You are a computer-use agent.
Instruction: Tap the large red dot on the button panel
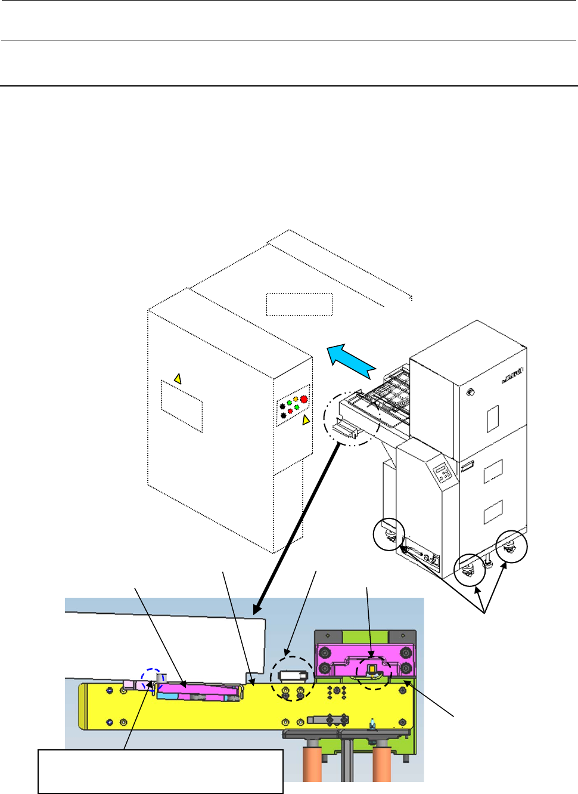(x=304, y=399)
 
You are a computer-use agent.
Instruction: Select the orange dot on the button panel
(x=296, y=398)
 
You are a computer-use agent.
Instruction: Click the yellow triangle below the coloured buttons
(x=306, y=420)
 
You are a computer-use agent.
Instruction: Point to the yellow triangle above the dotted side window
(x=177, y=378)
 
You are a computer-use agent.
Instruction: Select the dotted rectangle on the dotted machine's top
(x=299, y=304)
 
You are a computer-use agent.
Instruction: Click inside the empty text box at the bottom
(x=160, y=771)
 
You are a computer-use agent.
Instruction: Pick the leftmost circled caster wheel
(x=389, y=535)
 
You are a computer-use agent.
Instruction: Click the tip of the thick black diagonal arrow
(x=255, y=613)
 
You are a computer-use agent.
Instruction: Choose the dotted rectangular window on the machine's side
(x=182, y=406)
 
